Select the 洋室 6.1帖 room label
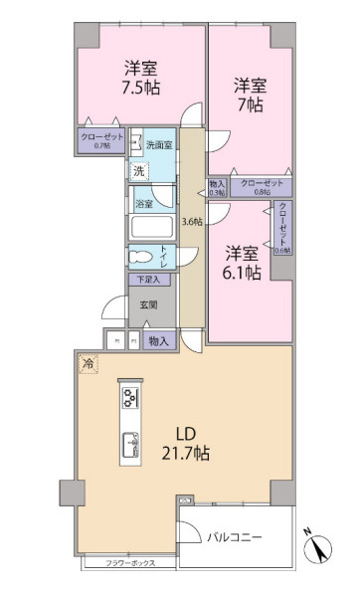(242, 262)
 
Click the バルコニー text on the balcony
(236, 537)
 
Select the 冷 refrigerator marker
(87, 363)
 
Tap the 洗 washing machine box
(139, 170)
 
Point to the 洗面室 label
(158, 146)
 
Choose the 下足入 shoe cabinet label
(147, 281)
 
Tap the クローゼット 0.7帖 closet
(101, 141)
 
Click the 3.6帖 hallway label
(191, 221)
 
